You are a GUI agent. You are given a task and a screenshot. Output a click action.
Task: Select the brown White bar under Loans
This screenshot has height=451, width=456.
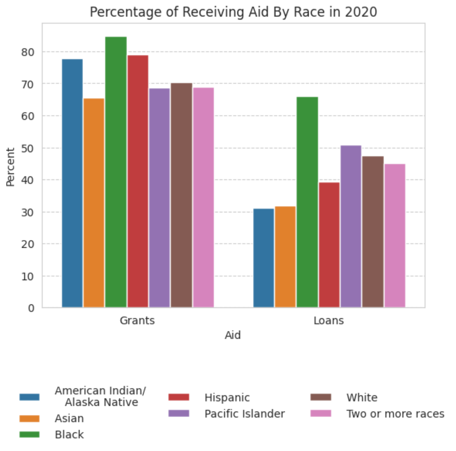pos(373,232)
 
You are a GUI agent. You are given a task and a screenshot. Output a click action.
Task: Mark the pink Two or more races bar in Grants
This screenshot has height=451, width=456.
pos(203,197)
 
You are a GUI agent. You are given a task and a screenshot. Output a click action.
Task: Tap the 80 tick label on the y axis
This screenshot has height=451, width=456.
pos(27,52)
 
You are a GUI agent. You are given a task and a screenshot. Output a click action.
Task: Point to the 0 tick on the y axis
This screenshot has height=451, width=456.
pos(31,308)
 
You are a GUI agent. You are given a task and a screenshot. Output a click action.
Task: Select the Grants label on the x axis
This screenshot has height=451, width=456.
pos(137,321)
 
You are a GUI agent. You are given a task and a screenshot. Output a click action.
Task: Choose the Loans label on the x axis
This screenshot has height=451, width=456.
pos(328,321)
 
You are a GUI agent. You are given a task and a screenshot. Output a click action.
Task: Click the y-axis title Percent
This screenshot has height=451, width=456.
pos(10,167)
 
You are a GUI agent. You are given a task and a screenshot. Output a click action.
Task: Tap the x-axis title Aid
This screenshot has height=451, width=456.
pos(232,335)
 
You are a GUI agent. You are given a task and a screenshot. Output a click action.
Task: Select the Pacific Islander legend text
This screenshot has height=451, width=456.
pos(245,414)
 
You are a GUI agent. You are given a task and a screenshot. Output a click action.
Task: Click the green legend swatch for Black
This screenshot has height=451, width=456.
pos(29,435)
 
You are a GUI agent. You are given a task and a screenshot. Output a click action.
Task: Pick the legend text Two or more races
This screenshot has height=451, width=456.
pos(395,414)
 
